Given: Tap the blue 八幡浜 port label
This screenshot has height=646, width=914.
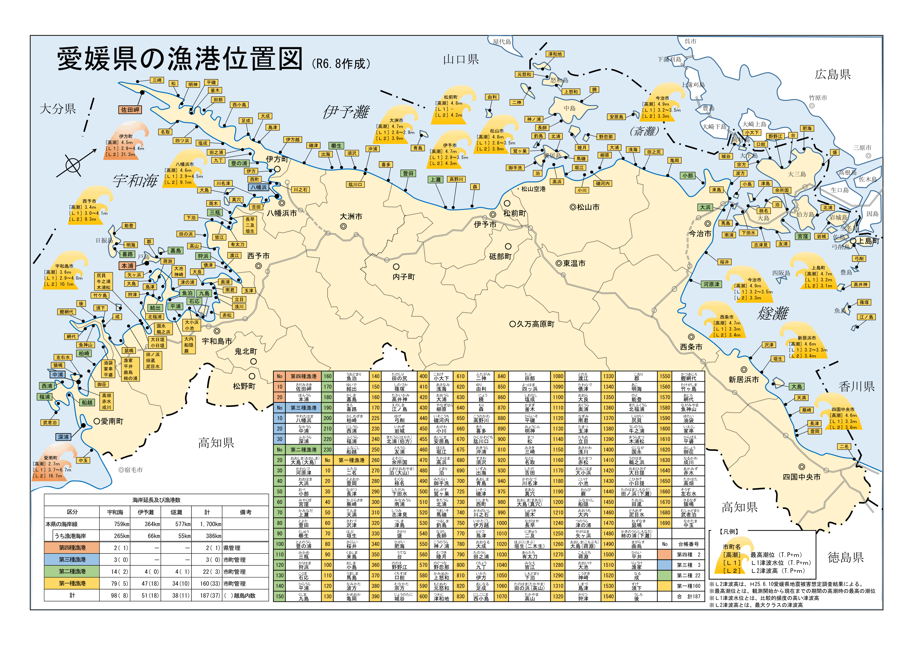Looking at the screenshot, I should click(x=259, y=187).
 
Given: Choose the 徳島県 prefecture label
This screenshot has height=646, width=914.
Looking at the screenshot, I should click(x=845, y=557).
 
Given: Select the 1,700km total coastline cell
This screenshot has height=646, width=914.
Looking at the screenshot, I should click(x=207, y=524).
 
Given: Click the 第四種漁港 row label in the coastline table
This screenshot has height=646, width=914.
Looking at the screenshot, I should click(x=72, y=548).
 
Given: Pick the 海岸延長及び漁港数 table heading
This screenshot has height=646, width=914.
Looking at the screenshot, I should click(x=156, y=500).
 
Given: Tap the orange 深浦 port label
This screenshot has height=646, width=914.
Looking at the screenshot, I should click(x=63, y=437).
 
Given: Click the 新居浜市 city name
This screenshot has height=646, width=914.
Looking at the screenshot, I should click(x=743, y=380).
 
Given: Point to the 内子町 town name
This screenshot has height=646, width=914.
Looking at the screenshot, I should click(x=403, y=277).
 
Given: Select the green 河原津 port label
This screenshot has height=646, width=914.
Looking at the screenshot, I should click(x=711, y=284).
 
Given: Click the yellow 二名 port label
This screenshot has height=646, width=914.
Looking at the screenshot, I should click(x=844, y=447).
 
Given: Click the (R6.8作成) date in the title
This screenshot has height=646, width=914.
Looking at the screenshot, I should click(x=341, y=64).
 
